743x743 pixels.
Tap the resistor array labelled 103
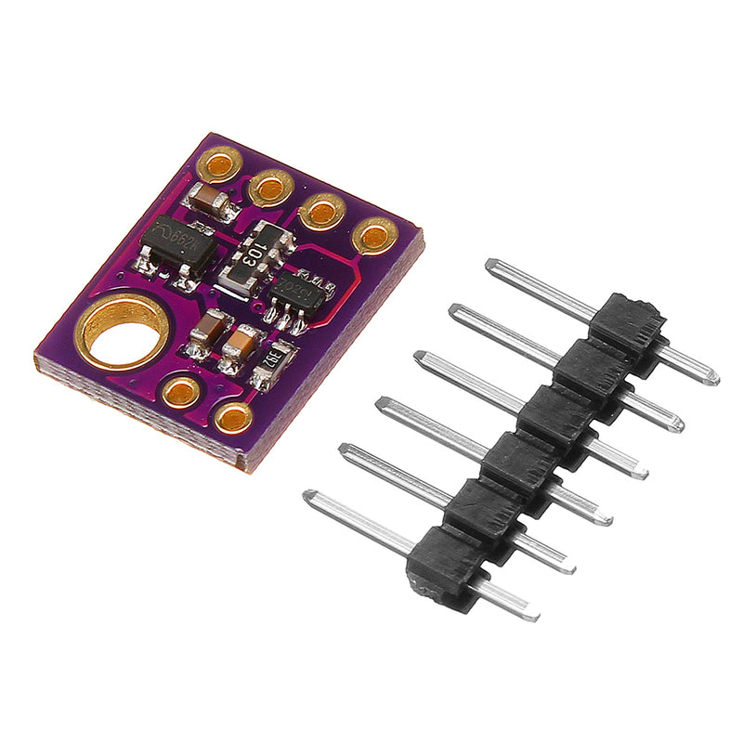click(x=255, y=254)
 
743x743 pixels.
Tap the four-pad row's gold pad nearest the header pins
click(x=375, y=236)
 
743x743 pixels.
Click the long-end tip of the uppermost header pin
click(x=491, y=265)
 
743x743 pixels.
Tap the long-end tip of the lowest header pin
click(x=309, y=496)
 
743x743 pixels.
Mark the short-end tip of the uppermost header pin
click(x=712, y=378)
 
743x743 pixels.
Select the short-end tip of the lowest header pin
click(x=532, y=614)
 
